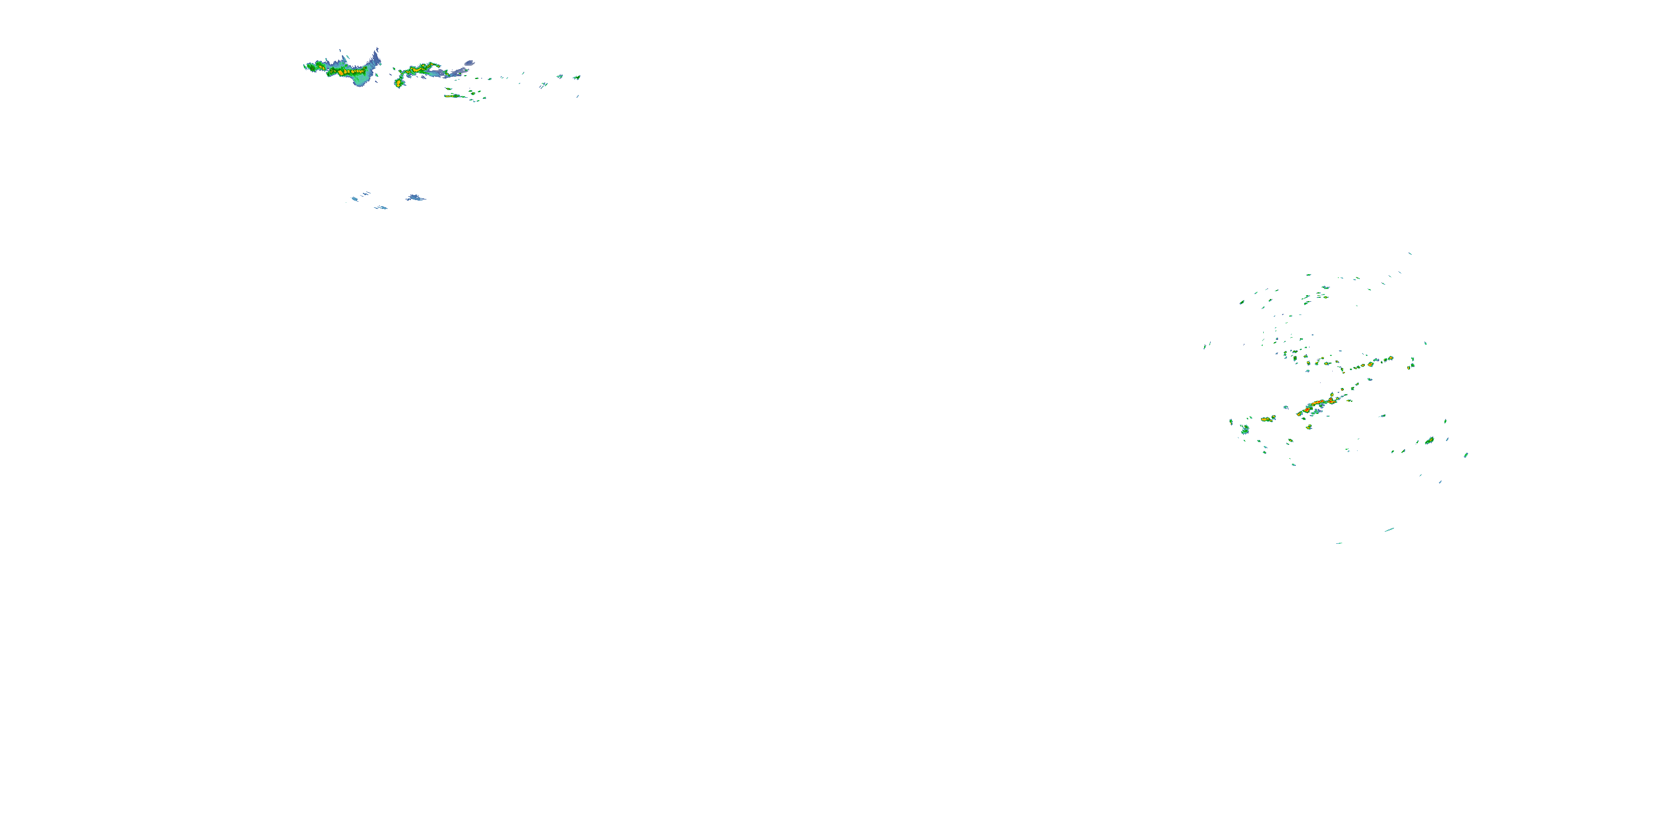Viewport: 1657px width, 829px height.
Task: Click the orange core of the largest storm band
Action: click(340, 73)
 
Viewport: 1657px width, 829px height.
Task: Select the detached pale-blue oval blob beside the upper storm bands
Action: click(469, 63)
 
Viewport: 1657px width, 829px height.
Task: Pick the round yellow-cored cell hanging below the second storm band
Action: click(399, 83)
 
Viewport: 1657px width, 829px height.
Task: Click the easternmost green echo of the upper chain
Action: click(577, 78)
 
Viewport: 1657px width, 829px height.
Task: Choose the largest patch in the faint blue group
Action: click(415, 198)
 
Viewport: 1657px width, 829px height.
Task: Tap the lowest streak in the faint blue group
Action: click(381, 207)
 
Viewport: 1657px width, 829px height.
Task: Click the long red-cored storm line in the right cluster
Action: click(1316, 405)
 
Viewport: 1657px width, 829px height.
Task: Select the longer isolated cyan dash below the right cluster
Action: click(1390, 529)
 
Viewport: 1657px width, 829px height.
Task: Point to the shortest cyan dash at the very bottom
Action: click(1339, 543)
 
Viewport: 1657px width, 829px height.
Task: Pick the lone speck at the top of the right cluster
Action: click(1410, 254)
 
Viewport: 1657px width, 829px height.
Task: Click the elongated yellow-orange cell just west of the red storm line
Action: click(1267, 419)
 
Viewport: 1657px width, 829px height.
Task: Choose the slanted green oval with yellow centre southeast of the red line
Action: click(1429, 441)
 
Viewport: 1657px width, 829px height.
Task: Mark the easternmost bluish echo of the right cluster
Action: click(1466, 455)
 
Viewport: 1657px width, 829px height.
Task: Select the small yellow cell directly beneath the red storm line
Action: click(1309, 427)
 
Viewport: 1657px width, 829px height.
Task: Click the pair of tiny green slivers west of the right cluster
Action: click(1207, 345)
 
